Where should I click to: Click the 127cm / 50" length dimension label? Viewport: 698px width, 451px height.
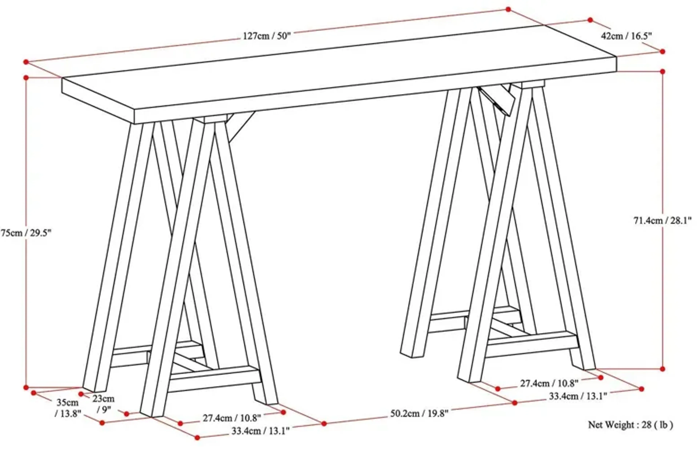point(267,36)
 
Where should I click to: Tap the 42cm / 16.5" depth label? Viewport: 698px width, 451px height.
point(626,36)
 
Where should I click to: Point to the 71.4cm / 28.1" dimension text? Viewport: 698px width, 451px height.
point(662,221)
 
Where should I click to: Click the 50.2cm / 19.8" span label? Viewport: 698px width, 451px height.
point(419,414)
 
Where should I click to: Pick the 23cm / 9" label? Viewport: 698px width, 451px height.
point(103,403)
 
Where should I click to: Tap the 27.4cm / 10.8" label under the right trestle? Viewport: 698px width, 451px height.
point(549,383)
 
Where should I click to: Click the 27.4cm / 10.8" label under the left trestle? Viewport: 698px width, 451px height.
point(232,418)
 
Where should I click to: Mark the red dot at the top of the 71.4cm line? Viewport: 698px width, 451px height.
point(663,72)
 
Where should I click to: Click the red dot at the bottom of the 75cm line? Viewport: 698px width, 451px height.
point(26,387)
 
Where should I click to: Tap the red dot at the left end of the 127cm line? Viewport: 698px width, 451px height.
point(26,62)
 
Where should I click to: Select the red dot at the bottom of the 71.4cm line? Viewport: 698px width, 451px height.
point(663,369)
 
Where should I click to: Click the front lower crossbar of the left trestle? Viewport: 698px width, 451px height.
point(215,379)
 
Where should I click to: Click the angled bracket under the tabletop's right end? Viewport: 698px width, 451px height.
point(497,100)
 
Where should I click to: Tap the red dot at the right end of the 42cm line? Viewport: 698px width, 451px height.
point(663,52)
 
